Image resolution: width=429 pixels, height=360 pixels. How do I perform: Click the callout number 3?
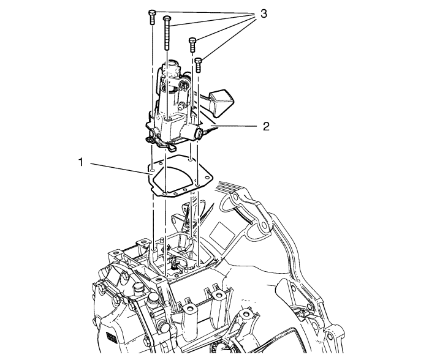(x=263, y=13)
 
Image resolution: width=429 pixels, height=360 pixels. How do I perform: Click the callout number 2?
(x=266, y=127)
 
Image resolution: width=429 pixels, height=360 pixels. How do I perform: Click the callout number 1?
(x=81, y=162)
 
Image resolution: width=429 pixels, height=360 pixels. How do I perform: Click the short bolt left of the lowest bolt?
(x=192, y=45)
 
